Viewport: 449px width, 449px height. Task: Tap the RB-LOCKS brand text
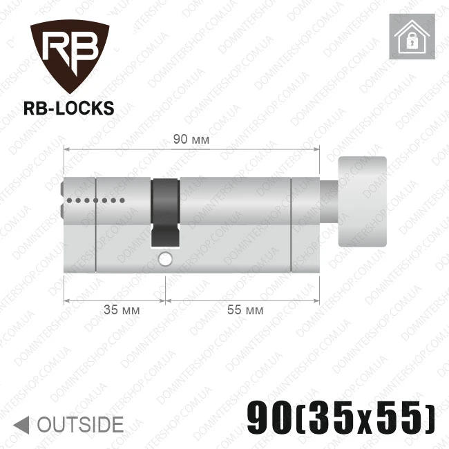(x=68, y=108)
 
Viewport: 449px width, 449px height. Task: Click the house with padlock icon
(x=412, y=37)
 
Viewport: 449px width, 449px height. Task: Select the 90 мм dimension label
(x=191, y=140)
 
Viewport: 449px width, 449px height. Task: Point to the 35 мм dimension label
(x=122, y=310)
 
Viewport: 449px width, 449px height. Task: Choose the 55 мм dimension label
(x=245, y=310)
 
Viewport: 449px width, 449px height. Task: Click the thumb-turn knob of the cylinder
(x=362, y=202)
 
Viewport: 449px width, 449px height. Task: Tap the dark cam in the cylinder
(x=166, y=213)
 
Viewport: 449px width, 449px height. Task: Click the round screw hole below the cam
(x=165, y=259)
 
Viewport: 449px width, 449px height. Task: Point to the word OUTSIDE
(x=80, y=425)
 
